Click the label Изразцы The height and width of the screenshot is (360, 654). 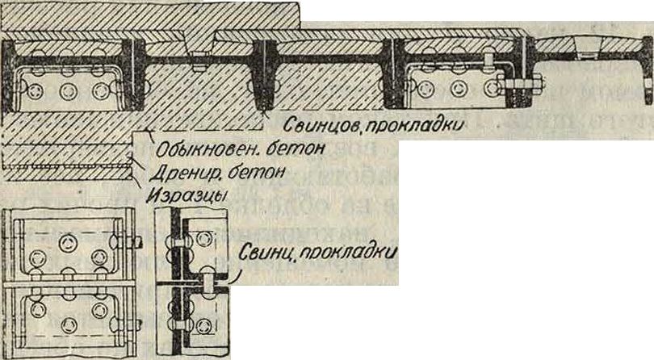184,194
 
